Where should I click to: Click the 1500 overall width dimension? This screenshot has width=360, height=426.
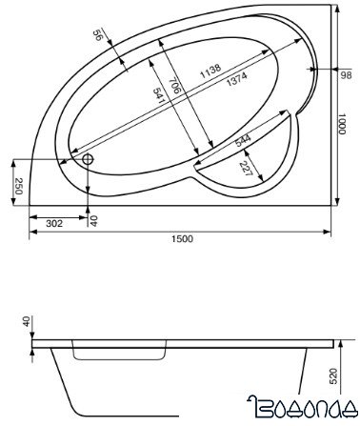pyautogui.click(x=183, y=238)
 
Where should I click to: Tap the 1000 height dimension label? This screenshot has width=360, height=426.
pyautogui.click(x=341, y=124)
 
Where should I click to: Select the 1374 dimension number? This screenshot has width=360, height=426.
pyautogui.click(x=237, y=79)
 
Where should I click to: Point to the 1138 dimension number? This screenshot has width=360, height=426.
pyautogui.click(x=210, y=71)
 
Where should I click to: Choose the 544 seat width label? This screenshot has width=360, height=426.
pyautogui.click(x=243, y=140)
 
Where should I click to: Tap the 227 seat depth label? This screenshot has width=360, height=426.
pyautogui.click(x=246, y=169)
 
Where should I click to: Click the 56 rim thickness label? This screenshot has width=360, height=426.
pyautogui.click(x=97, y=35)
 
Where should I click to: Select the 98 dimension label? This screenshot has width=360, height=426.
pyautogui.click(x=346, y=75)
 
